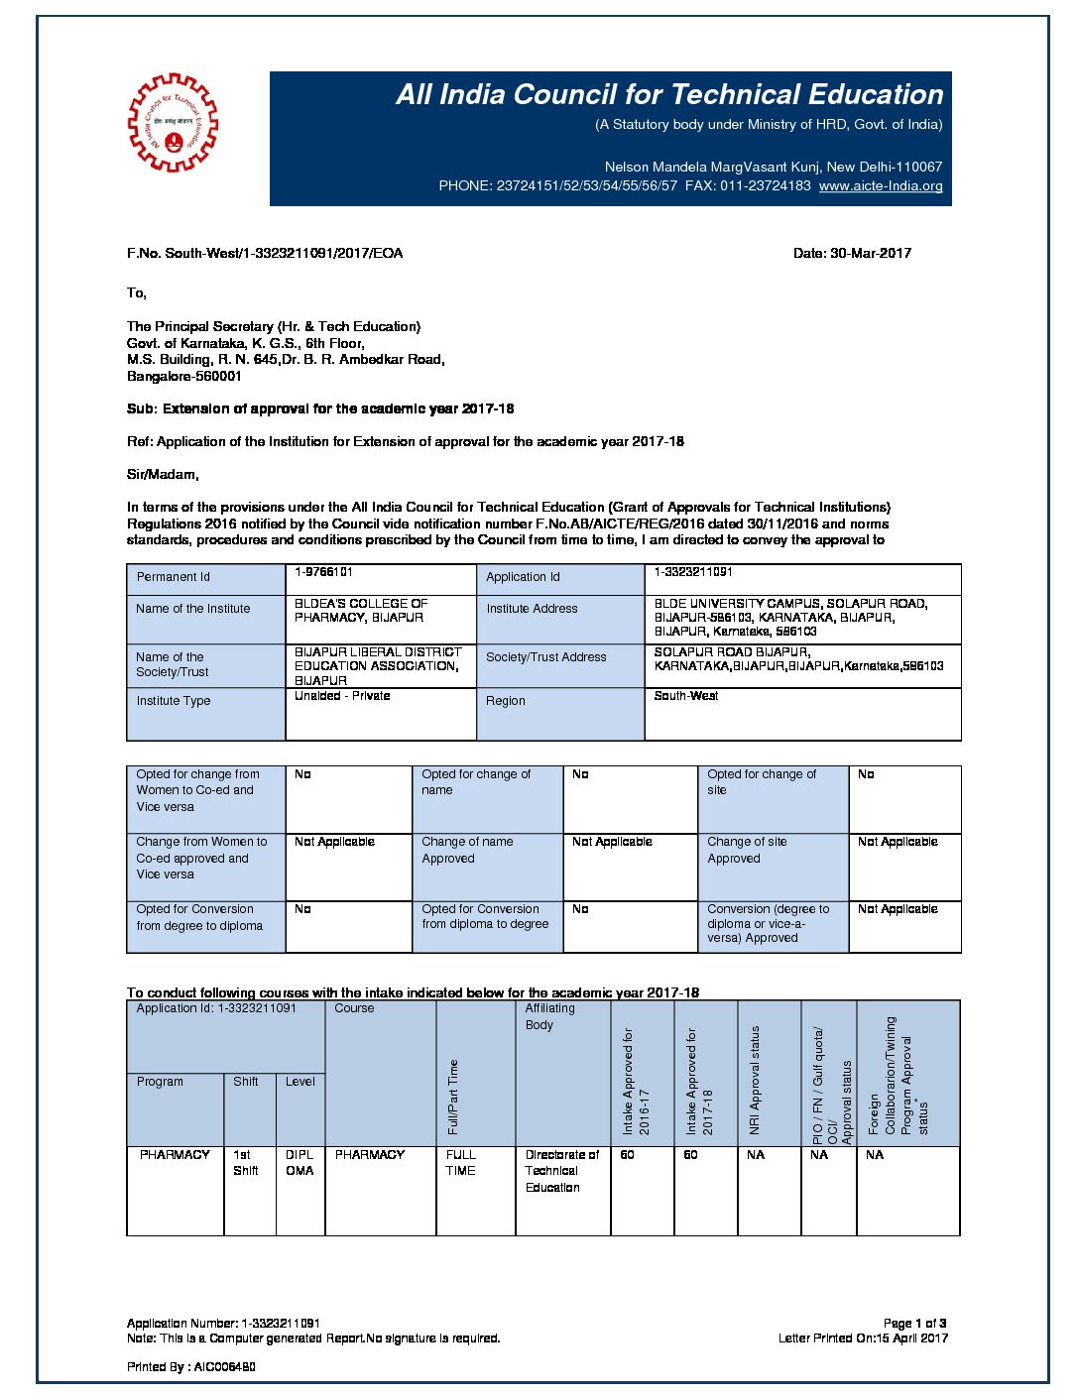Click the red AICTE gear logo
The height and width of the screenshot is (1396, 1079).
173,123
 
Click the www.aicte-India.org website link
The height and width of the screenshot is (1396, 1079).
881,185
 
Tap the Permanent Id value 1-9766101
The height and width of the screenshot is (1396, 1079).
324,572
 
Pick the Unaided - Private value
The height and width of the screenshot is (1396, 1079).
342,696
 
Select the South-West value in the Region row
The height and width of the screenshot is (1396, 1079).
686,696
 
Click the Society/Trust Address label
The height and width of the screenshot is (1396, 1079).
545,657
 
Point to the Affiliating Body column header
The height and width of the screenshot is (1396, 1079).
549,1016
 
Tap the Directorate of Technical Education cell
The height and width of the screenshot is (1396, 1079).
562,1171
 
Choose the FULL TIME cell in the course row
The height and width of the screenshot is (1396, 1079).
461,1163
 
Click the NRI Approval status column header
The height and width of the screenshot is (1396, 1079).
755,1081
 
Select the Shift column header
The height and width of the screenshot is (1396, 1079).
246,1082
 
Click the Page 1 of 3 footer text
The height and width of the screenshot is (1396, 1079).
914,1323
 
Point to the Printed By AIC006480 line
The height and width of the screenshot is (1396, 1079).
191,1367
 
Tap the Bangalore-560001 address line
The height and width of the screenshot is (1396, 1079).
184,377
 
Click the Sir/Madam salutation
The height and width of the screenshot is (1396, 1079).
163,474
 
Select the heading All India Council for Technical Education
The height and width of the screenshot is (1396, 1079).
669,94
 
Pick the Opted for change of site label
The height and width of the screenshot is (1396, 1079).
762,782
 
